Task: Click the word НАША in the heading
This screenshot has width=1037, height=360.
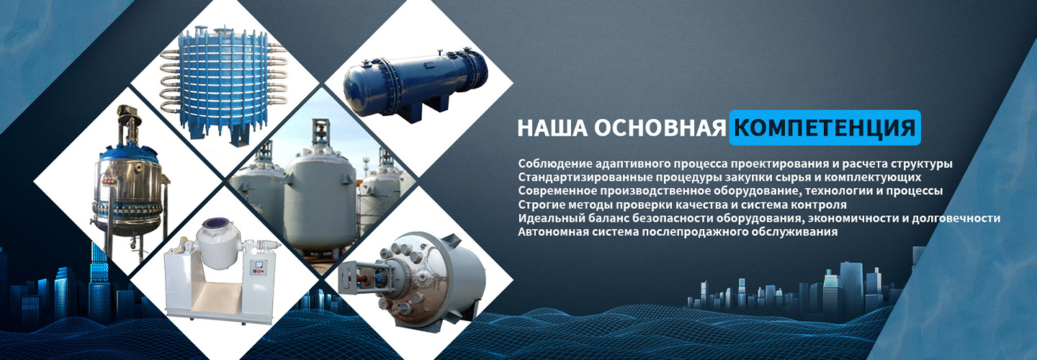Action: pos(552,127)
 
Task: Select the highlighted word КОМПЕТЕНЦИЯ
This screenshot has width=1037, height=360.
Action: pos(825,127)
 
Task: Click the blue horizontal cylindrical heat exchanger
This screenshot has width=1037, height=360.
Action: pos(414,84)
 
